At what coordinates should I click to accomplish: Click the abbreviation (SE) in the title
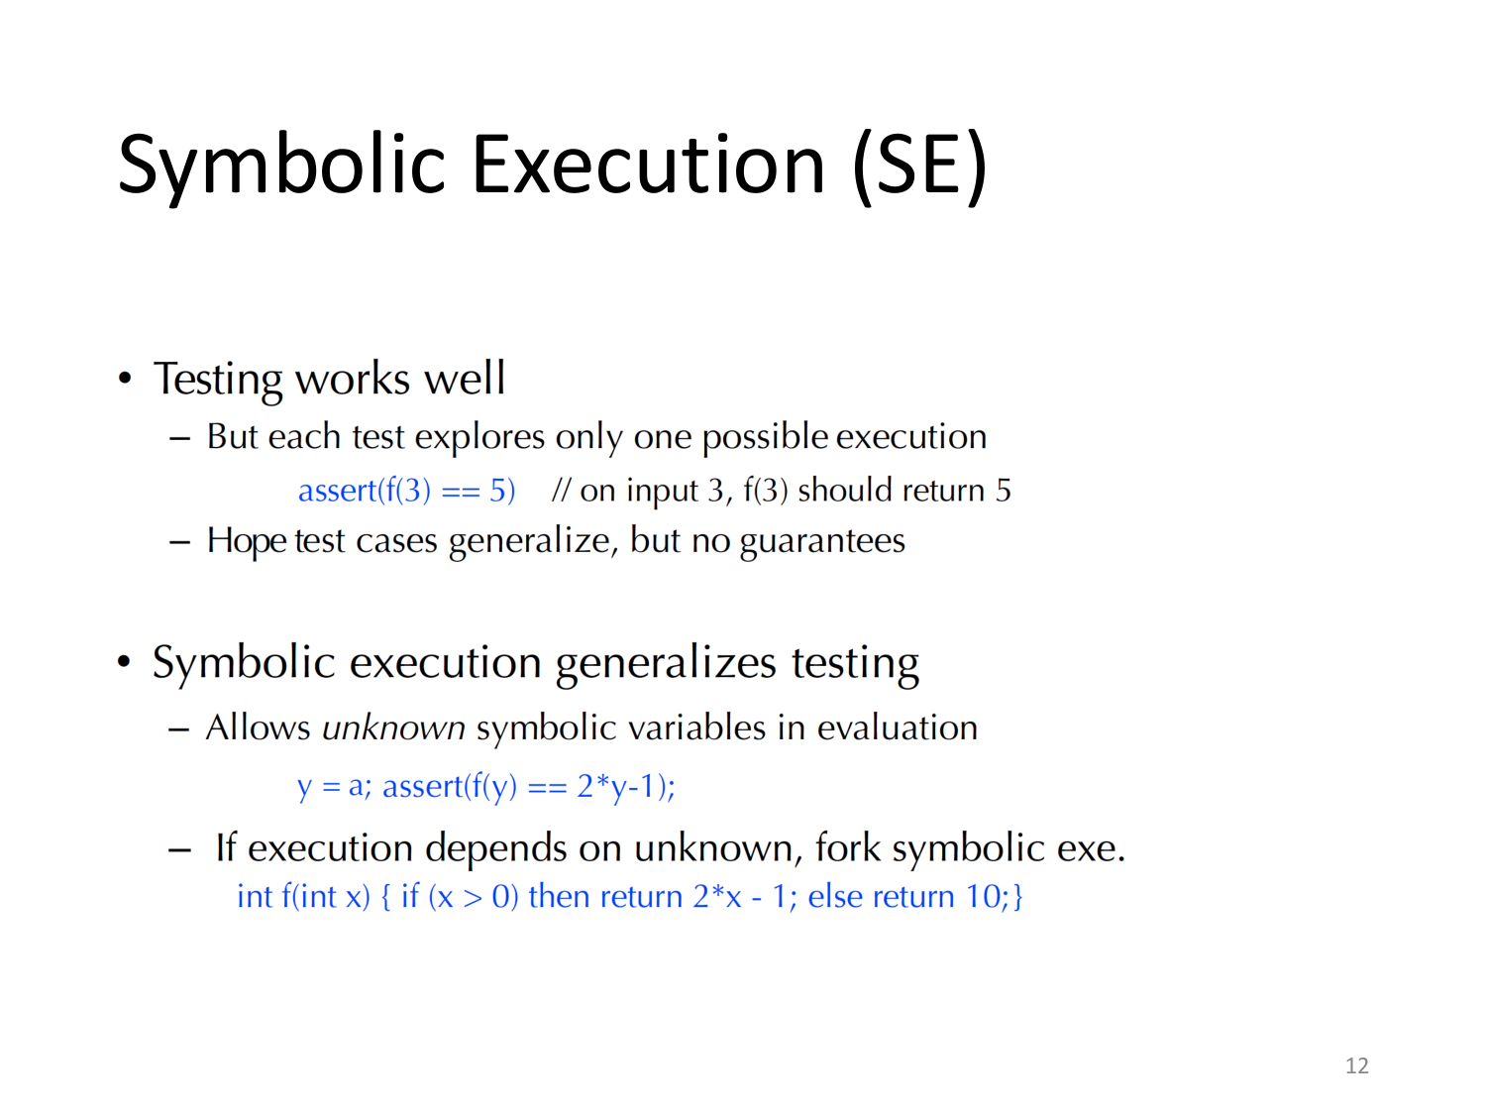coord(919,165)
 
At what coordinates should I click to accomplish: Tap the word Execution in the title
coord(648,165)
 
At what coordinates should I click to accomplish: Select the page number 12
coord(1356,1065)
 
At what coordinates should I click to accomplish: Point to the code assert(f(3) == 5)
coord(406,491)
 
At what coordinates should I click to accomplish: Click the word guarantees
coord(821,541)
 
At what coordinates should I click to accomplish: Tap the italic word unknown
coord(393,728)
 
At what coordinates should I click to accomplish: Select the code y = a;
coord(334,787)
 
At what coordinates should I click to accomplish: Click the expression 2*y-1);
coord(626,787)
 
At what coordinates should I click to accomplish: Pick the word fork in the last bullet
coord(847,848)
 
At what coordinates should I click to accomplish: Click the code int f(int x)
coord(302,897)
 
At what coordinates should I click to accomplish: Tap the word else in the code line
coord(834,897)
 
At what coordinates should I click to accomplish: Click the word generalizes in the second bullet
coord(665,663)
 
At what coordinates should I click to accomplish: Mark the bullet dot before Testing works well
coord(124,379)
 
